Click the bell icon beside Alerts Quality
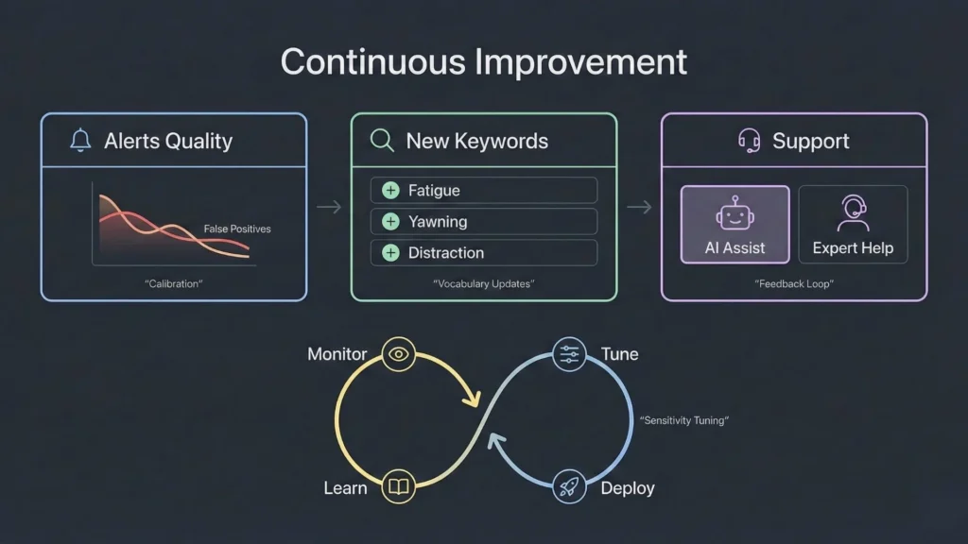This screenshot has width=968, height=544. pyautogui.click(x=80, y=142)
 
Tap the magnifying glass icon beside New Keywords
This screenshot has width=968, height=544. pyautogui.click(x=382, y=142)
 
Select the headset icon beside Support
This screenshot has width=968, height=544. pyautogui.click(x=749, y=142)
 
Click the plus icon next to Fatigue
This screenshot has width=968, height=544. pyautogui.click(x=390, y=191)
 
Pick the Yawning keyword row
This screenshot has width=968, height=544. pyautogui.click(x=483, y=222)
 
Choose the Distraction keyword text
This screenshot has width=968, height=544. pyautogui.click(x=446, y=253)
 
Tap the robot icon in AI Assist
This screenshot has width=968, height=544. pyautogui.click(x=735, y=214)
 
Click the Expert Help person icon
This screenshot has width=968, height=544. pyautogui.click(x=853, y=213)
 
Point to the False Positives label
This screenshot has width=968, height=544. pyautogui.click(x=237, y=229)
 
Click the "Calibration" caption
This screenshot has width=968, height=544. pyautogui.click(x=174, y=283)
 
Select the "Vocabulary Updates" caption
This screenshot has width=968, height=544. pyautogui.click(x=483, y=283)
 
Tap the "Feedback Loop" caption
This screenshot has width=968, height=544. pyautogui.click(x=793, y=283)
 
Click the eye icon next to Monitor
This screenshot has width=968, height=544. pyautogui.click(x=399, y=354)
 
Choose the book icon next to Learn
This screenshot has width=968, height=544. pyautogui.click(x=399, y=487)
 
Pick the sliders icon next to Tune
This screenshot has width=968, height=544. pyautogui.click(x=569, y=354)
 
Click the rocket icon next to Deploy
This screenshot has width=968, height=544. pyautogui.click(x=569, y=487)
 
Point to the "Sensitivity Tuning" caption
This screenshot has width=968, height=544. pyautogui.click(x=684, y=420)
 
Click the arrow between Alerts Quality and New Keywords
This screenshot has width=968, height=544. pyautogui.click(x=329, y=208)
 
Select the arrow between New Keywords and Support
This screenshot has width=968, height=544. pyautogui.click(x=639, y=208)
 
